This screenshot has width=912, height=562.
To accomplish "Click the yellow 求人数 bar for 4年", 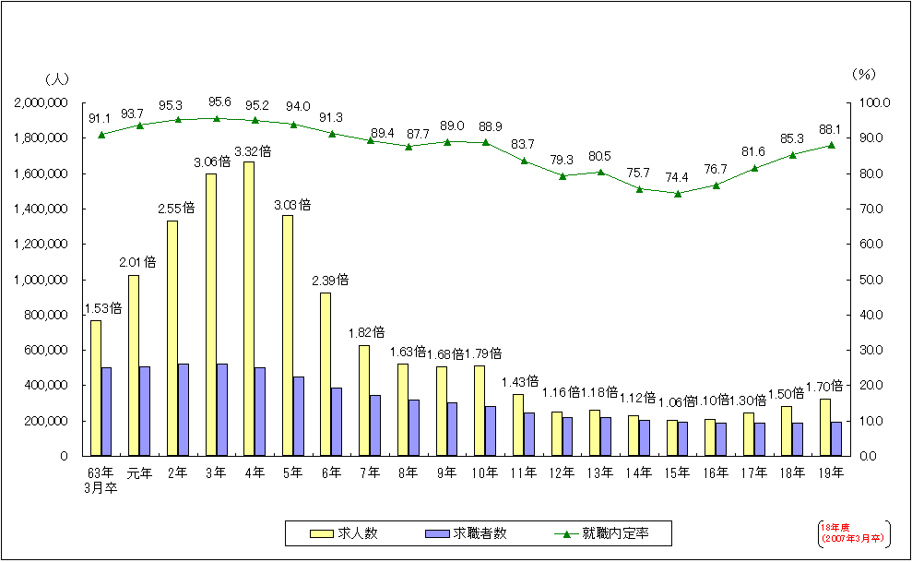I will (x=250, y=308).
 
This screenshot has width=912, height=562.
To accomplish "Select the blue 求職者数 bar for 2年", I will (x=184, y=410).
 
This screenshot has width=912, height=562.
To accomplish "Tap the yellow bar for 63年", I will (x=95, y=388).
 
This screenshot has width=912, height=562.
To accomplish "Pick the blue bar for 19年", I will (x=836, y=438).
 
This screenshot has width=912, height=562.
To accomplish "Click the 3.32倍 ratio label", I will (x=253, y=150).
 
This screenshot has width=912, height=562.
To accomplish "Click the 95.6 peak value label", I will (x=218, y=103).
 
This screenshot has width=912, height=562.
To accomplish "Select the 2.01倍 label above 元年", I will (x=137, y=262).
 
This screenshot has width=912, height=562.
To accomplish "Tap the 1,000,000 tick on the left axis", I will (x=41, y=280).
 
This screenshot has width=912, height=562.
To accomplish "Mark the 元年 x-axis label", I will (x=139, y=473).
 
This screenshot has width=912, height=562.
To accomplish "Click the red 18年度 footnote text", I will (x=852, y=532).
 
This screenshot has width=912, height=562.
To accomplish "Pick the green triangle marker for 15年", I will (x=678, y=193).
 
